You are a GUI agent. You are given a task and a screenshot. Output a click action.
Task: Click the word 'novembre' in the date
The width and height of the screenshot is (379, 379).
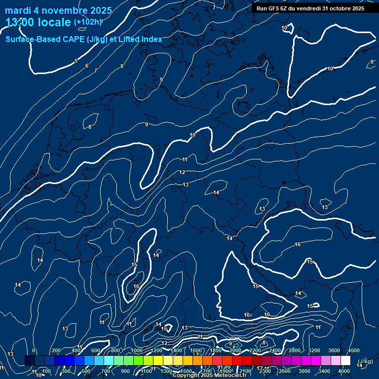[64, 10]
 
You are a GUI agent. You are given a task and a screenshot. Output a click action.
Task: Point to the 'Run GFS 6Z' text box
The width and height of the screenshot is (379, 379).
[310, 8]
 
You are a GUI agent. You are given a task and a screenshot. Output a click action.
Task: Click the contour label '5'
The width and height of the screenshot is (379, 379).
[76, 61]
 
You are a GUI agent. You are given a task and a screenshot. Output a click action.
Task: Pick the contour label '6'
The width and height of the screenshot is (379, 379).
[87, 66]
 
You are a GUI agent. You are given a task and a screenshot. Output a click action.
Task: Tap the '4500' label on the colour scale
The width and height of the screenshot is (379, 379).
[353, 350]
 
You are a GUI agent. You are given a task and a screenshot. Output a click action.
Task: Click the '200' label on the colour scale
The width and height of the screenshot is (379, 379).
[56, 350]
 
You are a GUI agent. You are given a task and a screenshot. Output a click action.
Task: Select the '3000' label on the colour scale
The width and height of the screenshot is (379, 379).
[304, 371]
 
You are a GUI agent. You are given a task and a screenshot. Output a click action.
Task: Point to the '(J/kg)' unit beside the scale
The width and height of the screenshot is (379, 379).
[364, 362]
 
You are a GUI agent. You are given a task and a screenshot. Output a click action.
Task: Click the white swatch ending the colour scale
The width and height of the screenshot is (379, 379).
[345, 361]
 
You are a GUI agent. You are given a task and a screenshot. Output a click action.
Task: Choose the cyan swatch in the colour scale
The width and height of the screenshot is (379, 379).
[109, 361]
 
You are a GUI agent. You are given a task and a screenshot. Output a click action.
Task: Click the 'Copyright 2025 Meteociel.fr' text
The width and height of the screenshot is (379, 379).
[209, 376]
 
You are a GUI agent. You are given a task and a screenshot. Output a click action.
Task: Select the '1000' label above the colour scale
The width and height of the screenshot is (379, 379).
[137, 350]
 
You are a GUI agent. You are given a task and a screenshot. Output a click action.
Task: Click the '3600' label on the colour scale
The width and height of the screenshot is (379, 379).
[334, 350]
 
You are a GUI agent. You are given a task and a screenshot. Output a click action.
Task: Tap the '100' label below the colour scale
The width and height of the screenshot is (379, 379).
[46, 371]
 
